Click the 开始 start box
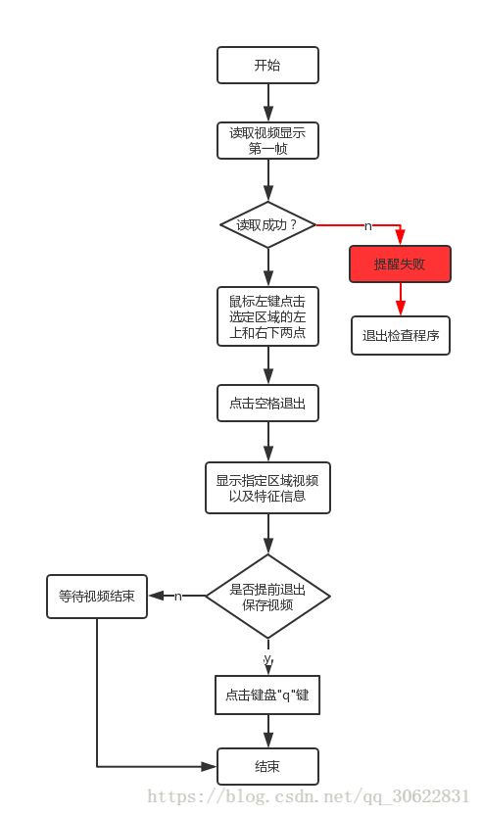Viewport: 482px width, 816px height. pyautogui.click(x=267, y=65)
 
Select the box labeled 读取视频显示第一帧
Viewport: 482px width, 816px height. pyautogui.click(x=267, y=140)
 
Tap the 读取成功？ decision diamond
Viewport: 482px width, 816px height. pyautogui.click(x=267, y=225)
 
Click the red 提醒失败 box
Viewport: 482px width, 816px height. pyautogui.click(x=400, y=264)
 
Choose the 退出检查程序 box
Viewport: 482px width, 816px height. pyautogui.click(x=401, y=336)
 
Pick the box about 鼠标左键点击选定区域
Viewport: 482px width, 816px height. pyautogui.click(x=267, y=316)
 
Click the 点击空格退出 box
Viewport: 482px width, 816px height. pyautogui.click(x=267, y=404)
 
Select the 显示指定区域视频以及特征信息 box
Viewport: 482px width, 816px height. pyautogui.click(x=267, y=488)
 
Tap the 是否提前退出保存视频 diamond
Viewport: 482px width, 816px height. pyautogui.click(x=267, y=597)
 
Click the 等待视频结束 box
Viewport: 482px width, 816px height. pyautogui.click(x=97, y=597)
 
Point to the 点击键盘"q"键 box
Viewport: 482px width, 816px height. pyautogui.click(x=267, y=695)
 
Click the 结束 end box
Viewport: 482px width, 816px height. pyautogui.click(x=267, y=767)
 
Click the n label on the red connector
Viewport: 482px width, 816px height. pyautogui.click(x=368, y=226)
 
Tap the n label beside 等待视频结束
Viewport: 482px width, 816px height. pyautogui.click(x=178, y=597)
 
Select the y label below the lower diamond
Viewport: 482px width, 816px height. pyautogui.click(x=267, y=659)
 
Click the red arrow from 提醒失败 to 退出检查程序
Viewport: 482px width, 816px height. pyautogui.click(x=401, y=299)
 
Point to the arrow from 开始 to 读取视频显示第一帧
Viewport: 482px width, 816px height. pyautogui.click(x=268, y=103)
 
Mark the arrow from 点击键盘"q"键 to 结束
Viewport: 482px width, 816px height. pyautogui.click(x=268, y=731)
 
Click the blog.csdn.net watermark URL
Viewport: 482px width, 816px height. pyautogui.click(x=309, y=796)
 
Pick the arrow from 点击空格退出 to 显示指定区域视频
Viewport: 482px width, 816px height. pyautogui.click(x=268, y=442)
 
